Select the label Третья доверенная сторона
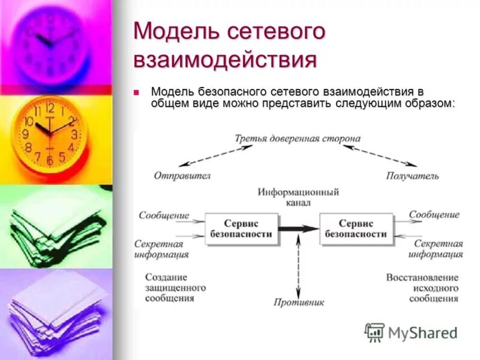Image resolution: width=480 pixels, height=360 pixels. [x=298, y=139]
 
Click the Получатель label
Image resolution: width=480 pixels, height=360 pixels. [x=412, y=176]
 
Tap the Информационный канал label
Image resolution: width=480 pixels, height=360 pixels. [x=298, y=197]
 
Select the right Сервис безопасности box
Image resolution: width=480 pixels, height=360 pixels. [x=356, y=229]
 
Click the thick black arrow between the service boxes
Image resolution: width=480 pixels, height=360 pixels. [x=298, y=229]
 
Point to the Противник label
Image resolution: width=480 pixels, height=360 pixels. [x=298, y=302]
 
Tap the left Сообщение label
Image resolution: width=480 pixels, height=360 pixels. [x=164, y=215]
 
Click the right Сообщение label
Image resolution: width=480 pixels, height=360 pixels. [x=434, y=215]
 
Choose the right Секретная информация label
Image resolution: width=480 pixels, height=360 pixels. [x=435, y=249]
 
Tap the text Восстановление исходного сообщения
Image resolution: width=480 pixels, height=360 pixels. [x=422, y=287]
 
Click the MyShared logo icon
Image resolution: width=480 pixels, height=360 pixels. [x=375, y=332]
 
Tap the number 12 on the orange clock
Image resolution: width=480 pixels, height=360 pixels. [x=49, y=108]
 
